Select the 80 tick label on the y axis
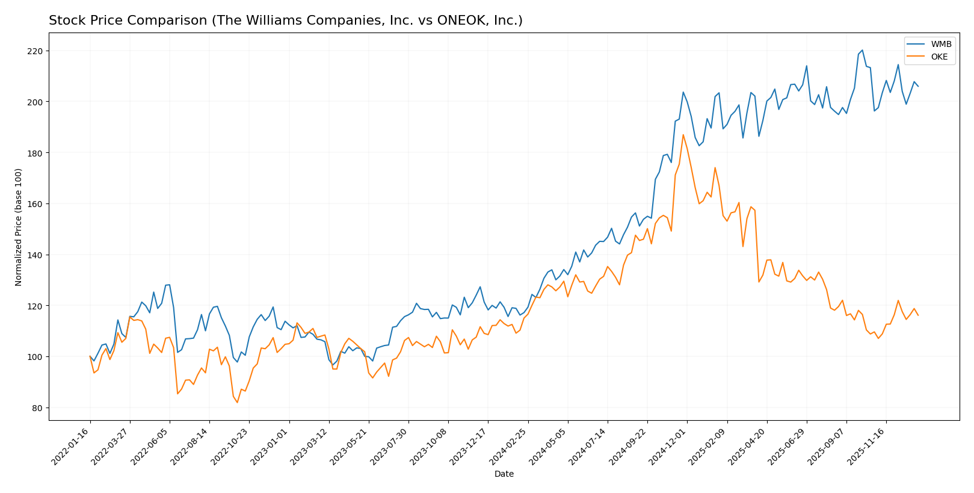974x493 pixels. tap(38, 408)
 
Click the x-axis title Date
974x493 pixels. tap(504, 474)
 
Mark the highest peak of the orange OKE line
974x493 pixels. tap(683, 134)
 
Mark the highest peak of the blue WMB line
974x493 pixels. tap(862, 50)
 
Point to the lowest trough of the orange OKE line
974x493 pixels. tap(237, 403)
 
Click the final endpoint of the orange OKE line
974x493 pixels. tap(918, 315)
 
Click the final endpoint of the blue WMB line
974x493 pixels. tap(918, 86)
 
